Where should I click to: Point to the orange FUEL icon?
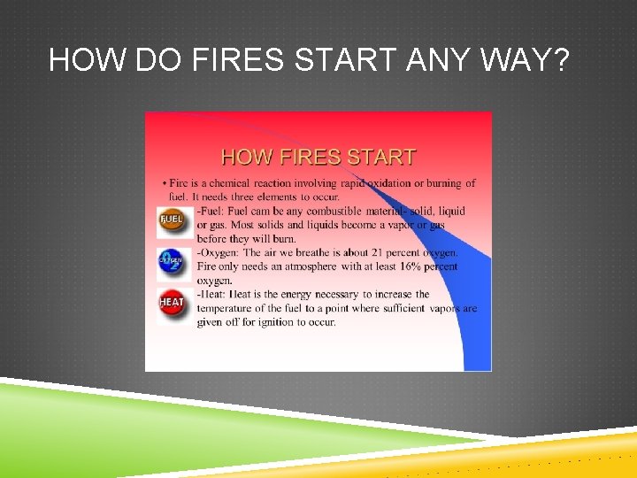tap(171, 220)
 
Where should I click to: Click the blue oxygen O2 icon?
tap(171, 260)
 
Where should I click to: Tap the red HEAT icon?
tap(171, 303)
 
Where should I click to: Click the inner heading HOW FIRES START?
tap(318, 158)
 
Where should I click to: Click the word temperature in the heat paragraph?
tap(226, 308)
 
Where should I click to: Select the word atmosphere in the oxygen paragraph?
tap(307, 266)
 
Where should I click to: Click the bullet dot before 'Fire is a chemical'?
tap(163, 183)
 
